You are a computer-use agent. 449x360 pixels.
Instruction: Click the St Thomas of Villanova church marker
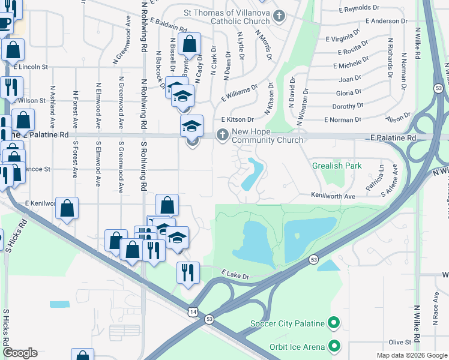(278, 17)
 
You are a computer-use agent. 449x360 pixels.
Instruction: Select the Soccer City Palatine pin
(334, 324)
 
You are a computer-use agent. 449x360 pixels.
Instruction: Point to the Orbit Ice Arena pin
(334, 346)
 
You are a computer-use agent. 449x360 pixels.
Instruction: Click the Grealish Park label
(336, 166)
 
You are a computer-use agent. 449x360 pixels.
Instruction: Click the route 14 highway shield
(192, 312)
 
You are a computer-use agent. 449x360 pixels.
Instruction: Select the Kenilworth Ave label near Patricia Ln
(333, 196)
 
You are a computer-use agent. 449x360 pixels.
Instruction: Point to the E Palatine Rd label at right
(393, 138)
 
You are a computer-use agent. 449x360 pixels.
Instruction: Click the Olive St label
(399, 342)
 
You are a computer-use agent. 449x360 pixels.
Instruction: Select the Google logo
(19, 353)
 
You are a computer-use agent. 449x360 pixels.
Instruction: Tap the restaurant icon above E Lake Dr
(188, 273)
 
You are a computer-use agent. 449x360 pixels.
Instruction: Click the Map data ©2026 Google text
(412, 355)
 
